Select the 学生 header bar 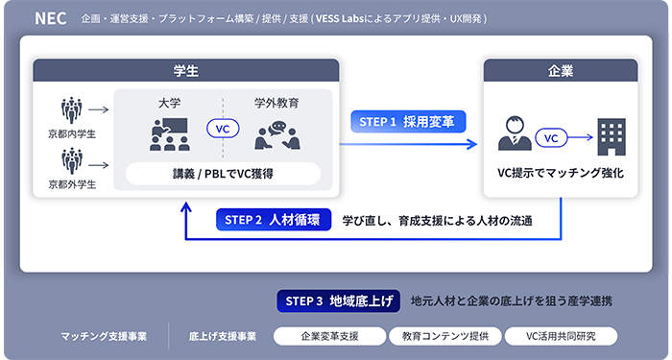point(187,70)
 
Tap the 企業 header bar point(560,70)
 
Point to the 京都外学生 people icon point(72,160)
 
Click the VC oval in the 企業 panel point(552,138)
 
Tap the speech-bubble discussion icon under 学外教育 point(276,136)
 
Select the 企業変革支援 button point(328,337)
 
